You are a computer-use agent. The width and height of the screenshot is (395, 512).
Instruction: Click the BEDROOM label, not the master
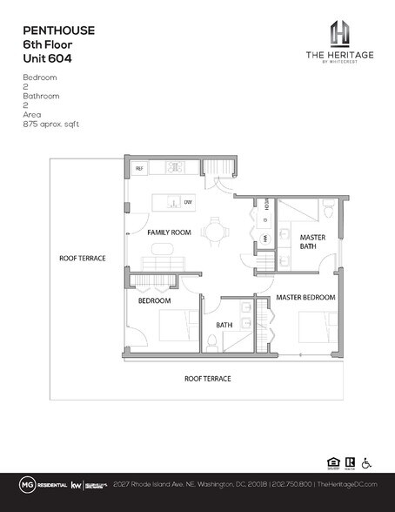[x=155, y=300]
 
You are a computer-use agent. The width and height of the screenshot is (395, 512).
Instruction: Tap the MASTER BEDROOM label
[x=305, y=298]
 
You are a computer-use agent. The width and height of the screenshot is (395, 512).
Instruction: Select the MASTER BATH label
[x=312, y=242]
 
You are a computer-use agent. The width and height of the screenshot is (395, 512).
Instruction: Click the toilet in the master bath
[x=327, y=211]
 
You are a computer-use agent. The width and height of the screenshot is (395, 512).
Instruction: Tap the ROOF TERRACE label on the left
[x=82, y=258]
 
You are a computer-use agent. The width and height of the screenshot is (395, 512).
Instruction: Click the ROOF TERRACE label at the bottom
[x=207, y=379]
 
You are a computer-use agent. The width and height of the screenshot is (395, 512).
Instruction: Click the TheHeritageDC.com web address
[x=346, y=483]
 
